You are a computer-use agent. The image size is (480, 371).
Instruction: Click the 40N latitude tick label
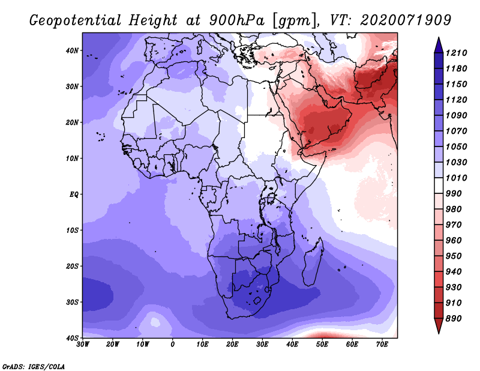pos(72,50)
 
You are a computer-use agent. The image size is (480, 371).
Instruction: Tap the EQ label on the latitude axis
pos(74,195)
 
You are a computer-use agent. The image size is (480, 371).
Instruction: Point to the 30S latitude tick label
pos(73,303)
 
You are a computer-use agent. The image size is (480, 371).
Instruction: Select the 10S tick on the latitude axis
pos(73,231)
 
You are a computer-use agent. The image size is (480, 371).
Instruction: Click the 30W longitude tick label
pos(83,345)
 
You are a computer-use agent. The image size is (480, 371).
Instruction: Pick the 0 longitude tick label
pos(173,345)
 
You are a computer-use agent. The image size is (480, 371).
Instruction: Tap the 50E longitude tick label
pos(322,345)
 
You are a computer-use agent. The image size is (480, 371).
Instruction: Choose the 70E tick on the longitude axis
pos(382,345)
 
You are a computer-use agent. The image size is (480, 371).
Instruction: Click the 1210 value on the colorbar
pos(456,53)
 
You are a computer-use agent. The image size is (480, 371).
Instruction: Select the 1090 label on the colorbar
pos(456,115)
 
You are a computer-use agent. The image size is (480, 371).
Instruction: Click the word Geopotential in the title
pos(76,21)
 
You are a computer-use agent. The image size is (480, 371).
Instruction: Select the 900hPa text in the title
pos(236,20)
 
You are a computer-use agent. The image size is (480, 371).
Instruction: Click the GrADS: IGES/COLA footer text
pos(34,367)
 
